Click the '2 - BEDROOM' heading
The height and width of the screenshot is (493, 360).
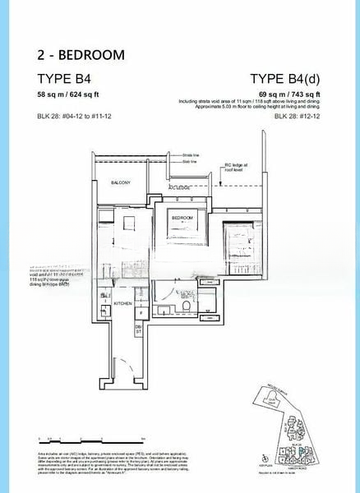tap(81, 55)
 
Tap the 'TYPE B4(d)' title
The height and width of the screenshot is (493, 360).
tap(284, 80)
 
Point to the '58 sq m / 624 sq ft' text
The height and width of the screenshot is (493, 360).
tap(67, 95)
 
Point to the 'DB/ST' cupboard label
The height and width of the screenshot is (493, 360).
tap(137, 329)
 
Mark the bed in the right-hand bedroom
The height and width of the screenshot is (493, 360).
tap(241, 238)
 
